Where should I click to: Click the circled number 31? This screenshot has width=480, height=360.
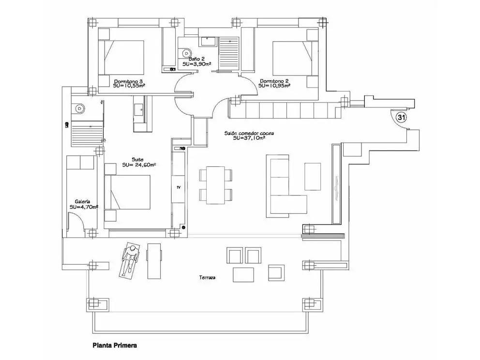click(x=401, y=117)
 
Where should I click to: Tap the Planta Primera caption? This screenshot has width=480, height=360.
click(x=115, y=345)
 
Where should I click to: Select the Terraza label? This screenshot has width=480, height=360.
click(x=207, y=278)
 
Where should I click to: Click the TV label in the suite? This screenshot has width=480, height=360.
click(x=179, y=187)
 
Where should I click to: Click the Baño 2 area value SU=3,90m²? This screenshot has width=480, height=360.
click(x=196, y=64)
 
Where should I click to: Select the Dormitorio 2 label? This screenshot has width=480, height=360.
click(x=274, y=81)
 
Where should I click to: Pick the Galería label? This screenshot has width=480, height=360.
click(x=82, y=201)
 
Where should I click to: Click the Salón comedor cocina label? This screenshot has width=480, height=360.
click(x=249, y=134)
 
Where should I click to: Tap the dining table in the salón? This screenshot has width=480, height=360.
click(x=215, y=185)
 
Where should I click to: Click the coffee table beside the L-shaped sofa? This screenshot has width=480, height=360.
click(x=313, y=176)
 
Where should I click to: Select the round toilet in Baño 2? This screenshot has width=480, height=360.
click(x=186, y=53)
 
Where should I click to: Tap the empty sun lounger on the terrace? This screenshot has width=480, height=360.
click(x=154, y=261)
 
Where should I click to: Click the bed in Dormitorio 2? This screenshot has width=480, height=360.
click(x=292, y=58)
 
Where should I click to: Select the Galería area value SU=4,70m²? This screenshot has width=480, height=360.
click(x=84, y=207)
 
